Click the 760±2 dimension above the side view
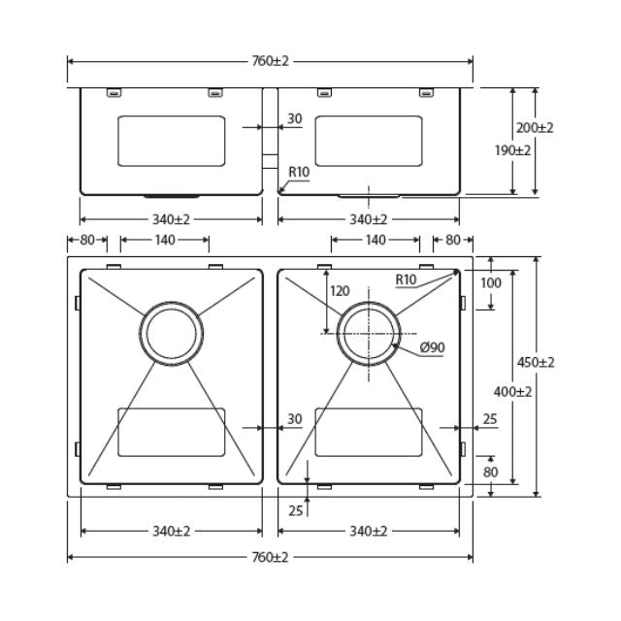coord(269,61)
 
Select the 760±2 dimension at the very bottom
coord(269,557)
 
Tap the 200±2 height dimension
coord(535,128)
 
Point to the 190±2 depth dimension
coord(511,150)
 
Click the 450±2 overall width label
coord(535,362)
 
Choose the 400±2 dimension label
coord(510,392)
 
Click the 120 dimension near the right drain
coord(340,291)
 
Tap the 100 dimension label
coord(491,282)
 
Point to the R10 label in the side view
coord(298,172)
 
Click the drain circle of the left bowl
coord(173,332)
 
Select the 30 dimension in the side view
coord(294,119)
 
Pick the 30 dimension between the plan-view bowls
coord(294,419)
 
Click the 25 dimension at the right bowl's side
coord(489,419)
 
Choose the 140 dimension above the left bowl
coord(163,240)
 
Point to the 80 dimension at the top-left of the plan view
coord(87,240)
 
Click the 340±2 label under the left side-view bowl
coord(170,219)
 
